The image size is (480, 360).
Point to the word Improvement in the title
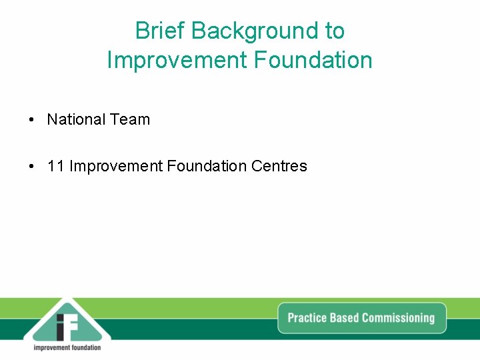(x=177, y=60)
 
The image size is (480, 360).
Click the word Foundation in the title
(x=313, y=60)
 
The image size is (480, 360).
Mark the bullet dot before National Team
(x=31, y=120)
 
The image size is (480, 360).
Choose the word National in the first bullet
(x=76, y=120)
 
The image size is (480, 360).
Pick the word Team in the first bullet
(x=130, y=120)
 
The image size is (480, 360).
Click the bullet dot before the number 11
(x=31, y=167)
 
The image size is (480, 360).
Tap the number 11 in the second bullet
(x=56, y=167)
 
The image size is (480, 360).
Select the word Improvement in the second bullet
(x=116, y=167)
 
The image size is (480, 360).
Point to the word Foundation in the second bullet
(x=207, y=167)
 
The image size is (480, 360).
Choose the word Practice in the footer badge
(x=307, y=318)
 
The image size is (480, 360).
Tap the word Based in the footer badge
(x=345, y=318)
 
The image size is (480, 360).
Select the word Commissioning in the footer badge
(x=399, y=318)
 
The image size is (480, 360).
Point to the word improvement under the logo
(x=53, y=347)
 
